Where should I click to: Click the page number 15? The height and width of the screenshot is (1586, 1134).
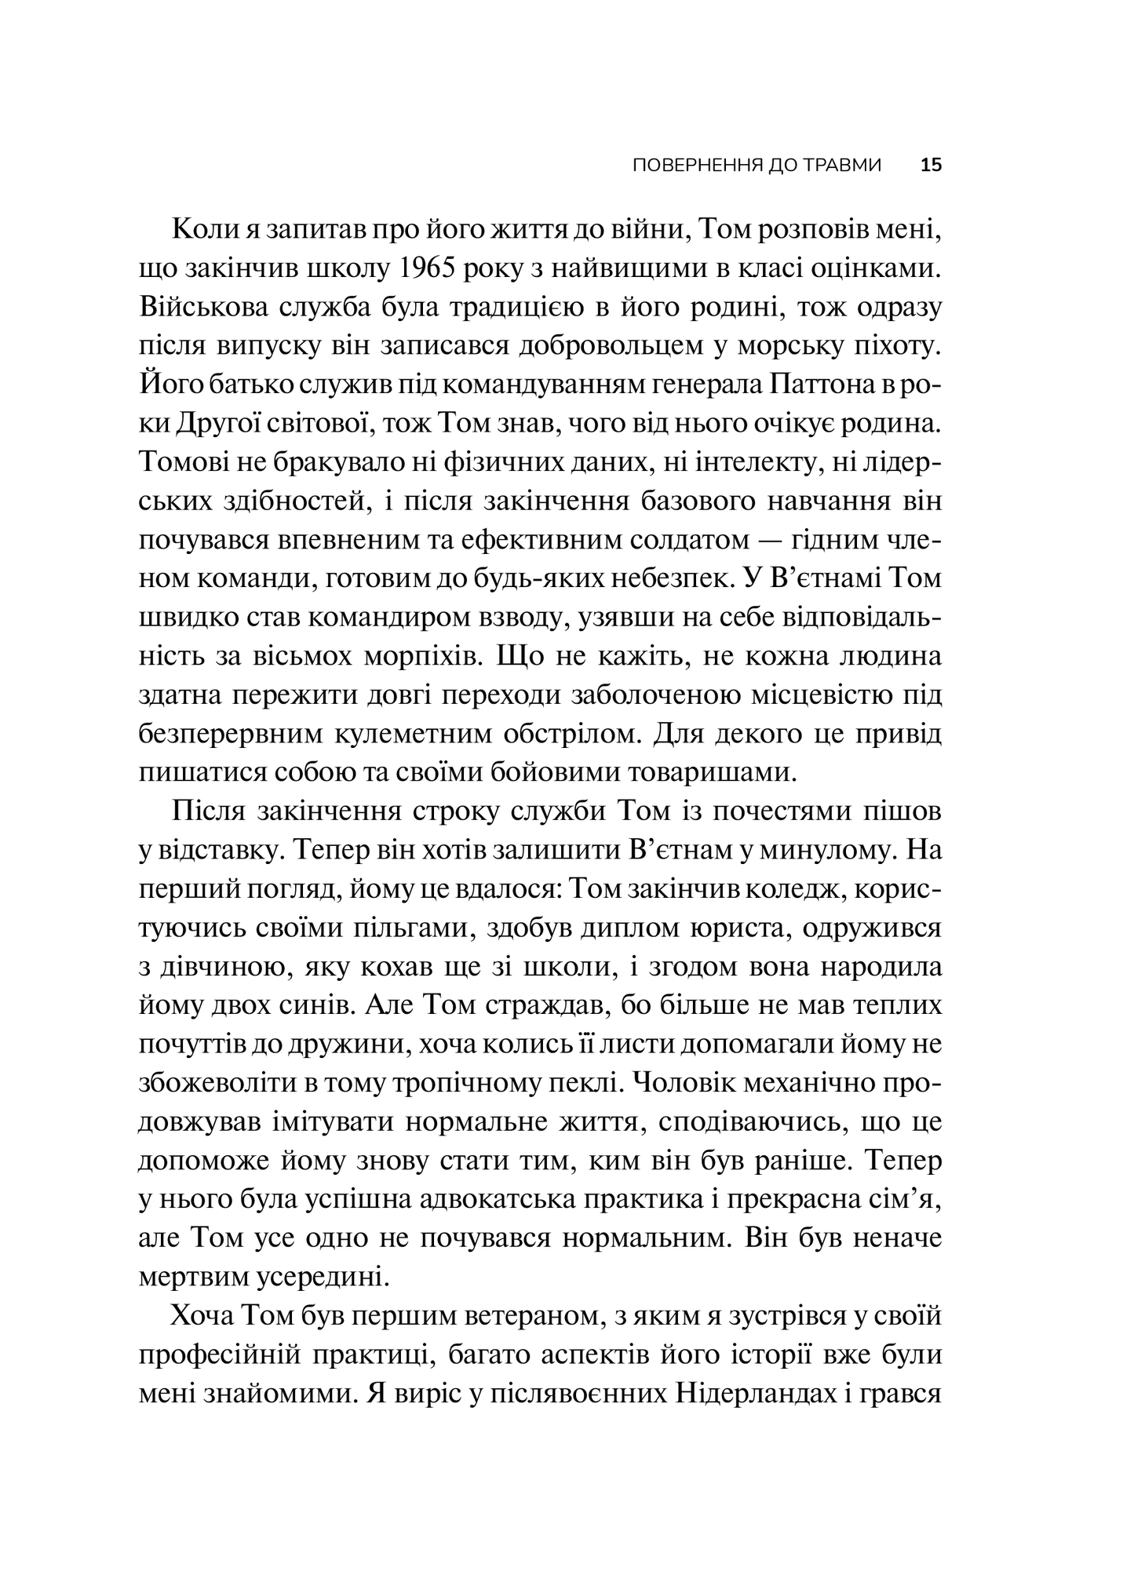point(931,166)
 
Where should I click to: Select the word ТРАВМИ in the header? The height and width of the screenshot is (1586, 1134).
point(842,166)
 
